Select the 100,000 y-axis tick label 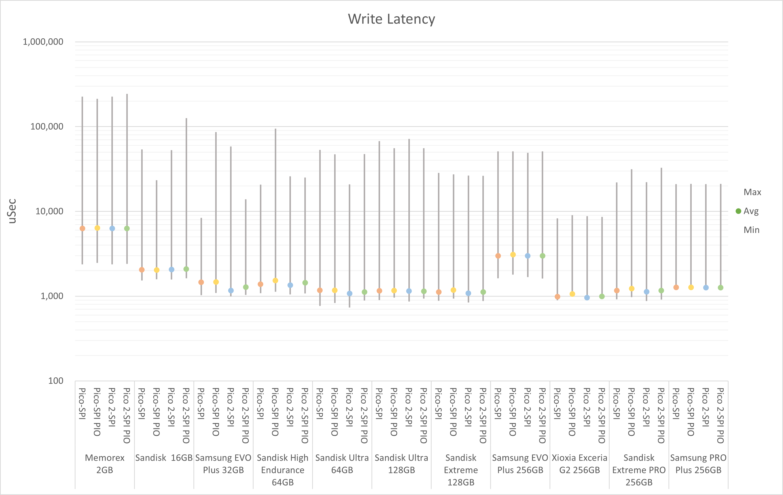(47, 126)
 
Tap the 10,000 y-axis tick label (49, 211)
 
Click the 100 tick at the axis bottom (56, 381)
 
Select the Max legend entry (752, 192)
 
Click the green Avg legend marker (739, 211)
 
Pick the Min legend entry (751, 230)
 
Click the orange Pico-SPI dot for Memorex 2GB (82, 229)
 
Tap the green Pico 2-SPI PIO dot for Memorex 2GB (127, 229)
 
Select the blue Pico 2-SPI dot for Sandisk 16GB (171, 269)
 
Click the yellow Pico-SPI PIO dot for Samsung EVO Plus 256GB (513, 254)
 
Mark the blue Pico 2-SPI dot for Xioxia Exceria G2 (587, 297)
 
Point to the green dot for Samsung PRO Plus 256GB (720, 288)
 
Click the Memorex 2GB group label (105, 464)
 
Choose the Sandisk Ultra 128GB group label (402, 464)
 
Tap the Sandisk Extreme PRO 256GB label (639, 470)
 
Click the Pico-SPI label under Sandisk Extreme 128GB (438, 403)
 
